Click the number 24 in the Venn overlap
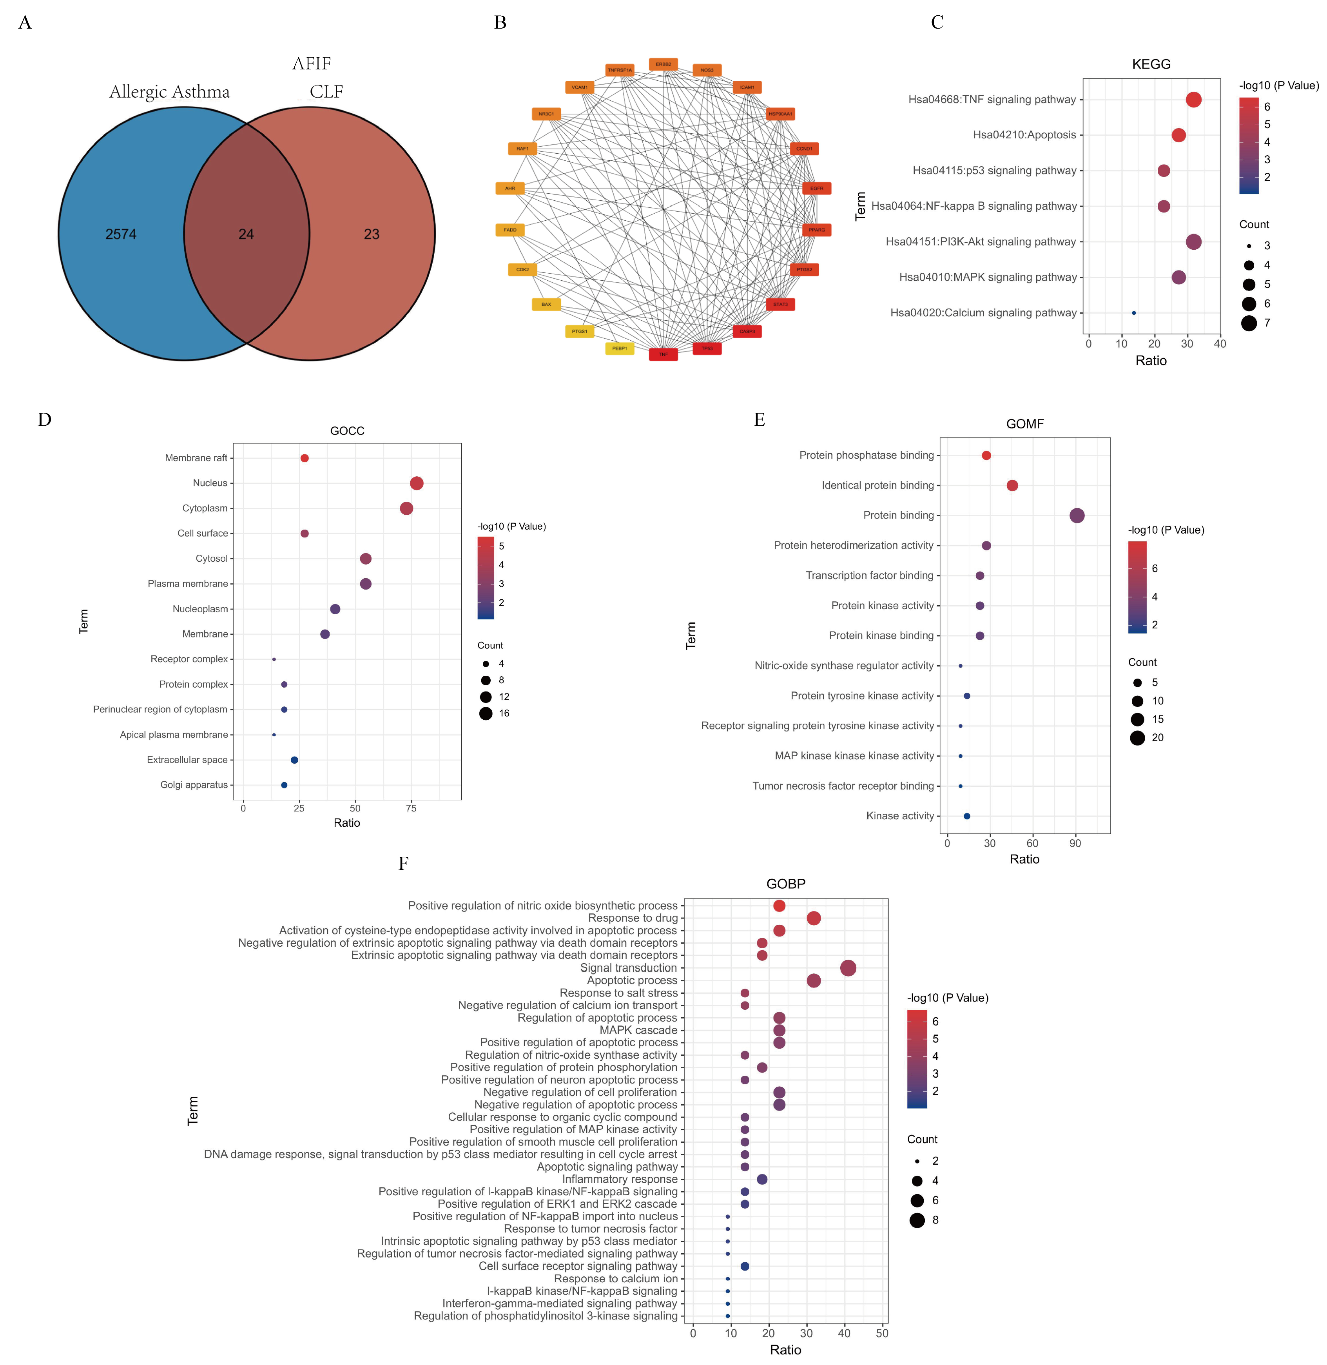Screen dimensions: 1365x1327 [246, 234]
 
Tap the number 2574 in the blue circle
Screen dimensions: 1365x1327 [121, 234]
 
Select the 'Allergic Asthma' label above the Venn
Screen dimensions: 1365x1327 [169, 92]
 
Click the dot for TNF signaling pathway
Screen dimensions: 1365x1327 [1193, 100]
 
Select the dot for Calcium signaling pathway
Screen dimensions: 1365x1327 [1134, 313]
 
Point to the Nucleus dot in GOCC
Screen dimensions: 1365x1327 [417, 483]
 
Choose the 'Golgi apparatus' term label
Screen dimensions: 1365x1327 [194, 785]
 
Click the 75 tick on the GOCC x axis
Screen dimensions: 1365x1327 [411, 809]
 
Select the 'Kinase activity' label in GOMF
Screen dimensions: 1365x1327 [900, 816]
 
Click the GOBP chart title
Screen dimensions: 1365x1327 [785, 884]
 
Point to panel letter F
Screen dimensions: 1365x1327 [403, 864]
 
